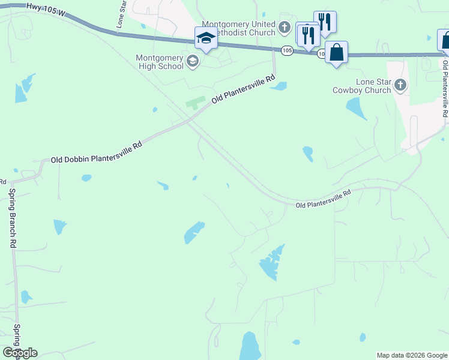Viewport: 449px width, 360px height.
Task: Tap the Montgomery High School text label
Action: click(160, 62)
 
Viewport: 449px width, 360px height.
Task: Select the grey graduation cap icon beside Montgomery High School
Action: click(193, 61)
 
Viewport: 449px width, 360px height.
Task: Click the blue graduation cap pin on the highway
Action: click(206, 38)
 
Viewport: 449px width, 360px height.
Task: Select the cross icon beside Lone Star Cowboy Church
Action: click(400, 86)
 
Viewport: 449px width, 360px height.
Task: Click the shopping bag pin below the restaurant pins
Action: click(337, 52)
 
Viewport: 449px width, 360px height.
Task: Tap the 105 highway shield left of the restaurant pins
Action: click(287, 50)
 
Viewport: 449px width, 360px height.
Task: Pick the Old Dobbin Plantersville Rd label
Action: click(96, 152)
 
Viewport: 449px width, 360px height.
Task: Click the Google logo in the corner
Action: click(20, 353)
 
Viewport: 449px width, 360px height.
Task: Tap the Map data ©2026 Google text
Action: click(411, 355)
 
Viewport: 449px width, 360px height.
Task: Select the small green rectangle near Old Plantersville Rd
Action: click(196, 103)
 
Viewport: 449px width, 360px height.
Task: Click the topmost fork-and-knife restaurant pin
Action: click(325, 22)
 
